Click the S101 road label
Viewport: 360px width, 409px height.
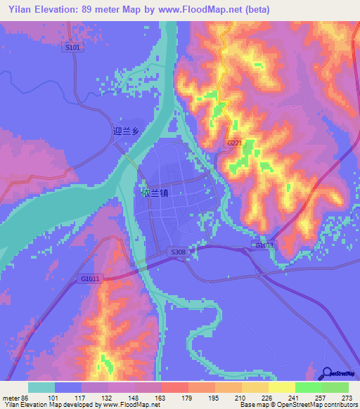click(x=72, y=48)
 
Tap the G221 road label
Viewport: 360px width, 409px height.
click(x=235, y=143)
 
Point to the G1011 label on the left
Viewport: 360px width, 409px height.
click(x=89, y=279)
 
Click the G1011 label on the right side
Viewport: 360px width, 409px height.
click(x=264, y=245)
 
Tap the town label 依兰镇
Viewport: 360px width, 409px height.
click(x=153, y=191)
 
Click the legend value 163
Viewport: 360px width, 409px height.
click(x=160, y=398)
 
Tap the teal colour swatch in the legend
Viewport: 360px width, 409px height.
click(x=41, y=387)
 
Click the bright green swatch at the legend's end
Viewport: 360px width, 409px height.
click(x=335, y=387)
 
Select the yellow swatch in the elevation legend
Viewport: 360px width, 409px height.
click(x=282, y=387)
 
